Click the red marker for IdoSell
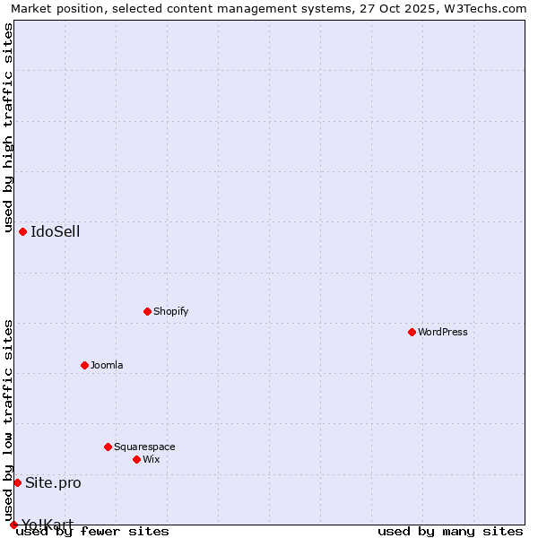(x=22, y=231)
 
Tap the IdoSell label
(x=55, y=232)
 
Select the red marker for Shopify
(x=147, y=311)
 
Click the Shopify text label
(x=170, y=312)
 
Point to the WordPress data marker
(x=412, y=332)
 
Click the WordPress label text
(x=442, y=333)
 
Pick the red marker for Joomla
(x=84, y=365)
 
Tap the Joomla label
(x=107, y=366)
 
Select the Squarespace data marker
(x=108, y=447)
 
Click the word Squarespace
(x=144, y=447)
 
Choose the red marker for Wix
(x=136, y=459)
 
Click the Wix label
(x=151, y=460)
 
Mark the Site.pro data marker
(x=17, y=482)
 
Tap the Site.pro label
(x=53, y=483)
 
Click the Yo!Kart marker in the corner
(x=13, y=525)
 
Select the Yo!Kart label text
(x=48, y=524)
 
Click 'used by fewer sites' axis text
(x=92, y=532)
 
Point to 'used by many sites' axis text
(x=450, y=532)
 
